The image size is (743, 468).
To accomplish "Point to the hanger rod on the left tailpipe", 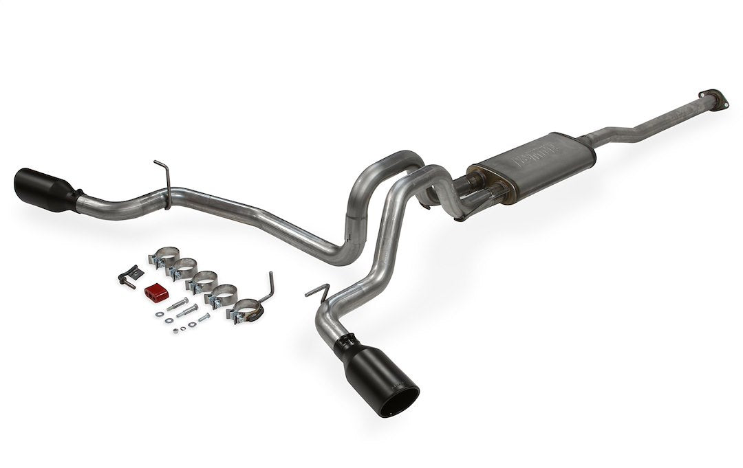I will point(162,175).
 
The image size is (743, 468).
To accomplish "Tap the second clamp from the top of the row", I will point(183,269).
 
